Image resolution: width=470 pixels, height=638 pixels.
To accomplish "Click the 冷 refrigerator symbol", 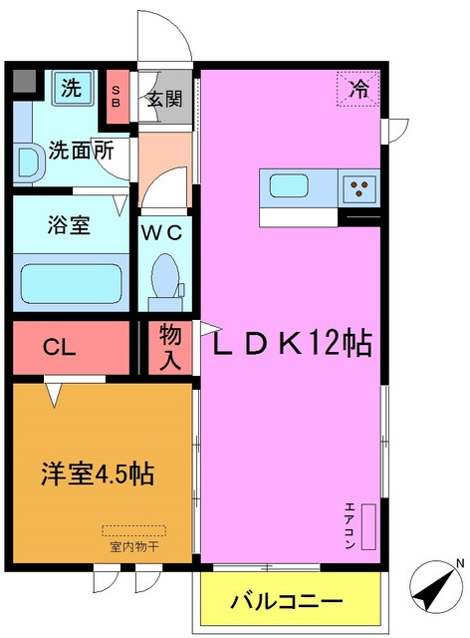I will [358, 88].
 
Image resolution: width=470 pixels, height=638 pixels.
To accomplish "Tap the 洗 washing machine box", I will [70, 87].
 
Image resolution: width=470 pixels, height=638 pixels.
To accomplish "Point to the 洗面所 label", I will [74, 154].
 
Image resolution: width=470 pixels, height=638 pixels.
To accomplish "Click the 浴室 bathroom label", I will [68, 225].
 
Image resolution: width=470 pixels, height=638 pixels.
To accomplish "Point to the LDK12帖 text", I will [289, 345].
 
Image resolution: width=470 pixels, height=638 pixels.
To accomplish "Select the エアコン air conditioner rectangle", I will [368, 525].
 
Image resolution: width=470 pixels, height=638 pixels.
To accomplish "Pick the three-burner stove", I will [360, 186].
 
